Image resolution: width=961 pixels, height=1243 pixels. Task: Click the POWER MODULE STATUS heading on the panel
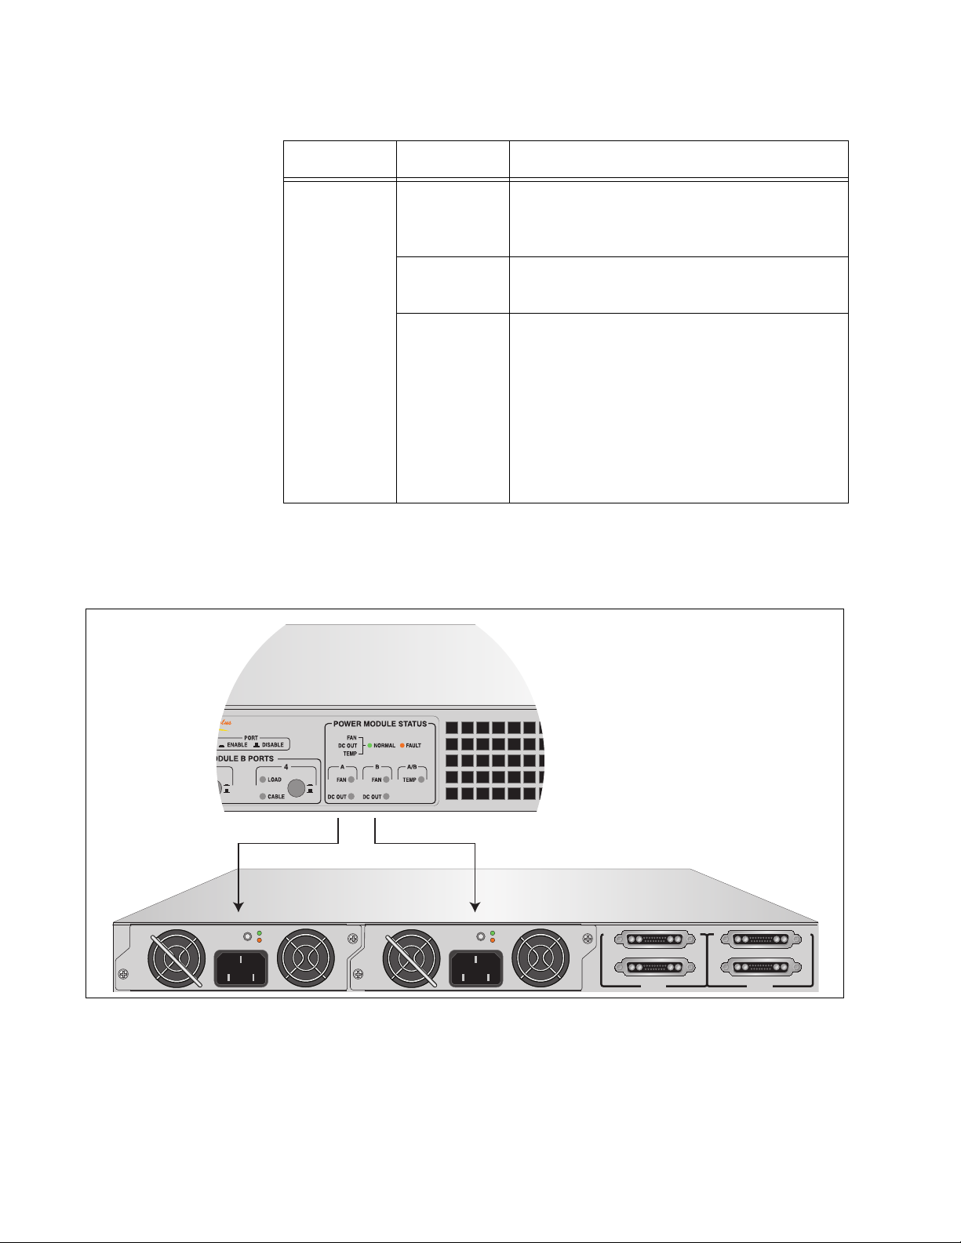tap(380, 723)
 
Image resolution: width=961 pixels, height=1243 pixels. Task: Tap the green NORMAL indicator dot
tap(369, 745)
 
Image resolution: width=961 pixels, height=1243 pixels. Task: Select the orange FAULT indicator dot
tap(402, 745)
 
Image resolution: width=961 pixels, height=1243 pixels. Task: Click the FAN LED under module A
tap(351, 780)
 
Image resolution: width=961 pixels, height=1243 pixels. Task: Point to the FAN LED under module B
tap(386, 780)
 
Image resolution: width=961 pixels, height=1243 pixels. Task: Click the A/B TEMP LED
tap(421, 780)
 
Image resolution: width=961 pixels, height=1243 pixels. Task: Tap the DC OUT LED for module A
tap(351, 797)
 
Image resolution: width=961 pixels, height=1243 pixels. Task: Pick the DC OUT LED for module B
tap(386, 797)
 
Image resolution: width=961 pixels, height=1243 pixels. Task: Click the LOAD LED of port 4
tap(264, 780)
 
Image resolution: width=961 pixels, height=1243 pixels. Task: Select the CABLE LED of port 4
tap(264, 797)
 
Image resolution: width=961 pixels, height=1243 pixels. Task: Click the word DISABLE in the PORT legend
tap(272, 745)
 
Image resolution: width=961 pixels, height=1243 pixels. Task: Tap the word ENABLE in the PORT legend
tap(237, 745)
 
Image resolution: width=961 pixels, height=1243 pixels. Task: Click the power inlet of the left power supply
tap(241, 968)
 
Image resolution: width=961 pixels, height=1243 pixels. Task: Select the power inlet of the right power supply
tap(475, 968)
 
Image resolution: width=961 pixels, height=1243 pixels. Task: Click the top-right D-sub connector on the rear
tap(760, 940)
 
